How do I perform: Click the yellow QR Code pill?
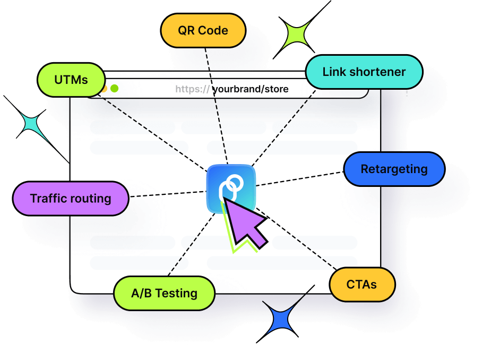pos(203,30)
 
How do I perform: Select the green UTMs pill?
pos(71,80)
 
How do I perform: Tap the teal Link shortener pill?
pos(364,72)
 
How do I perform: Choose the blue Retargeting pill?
pos(394,169)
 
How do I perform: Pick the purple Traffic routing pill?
pos(71,199)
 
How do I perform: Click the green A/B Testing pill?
pos(164,293)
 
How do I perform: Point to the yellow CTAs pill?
pos(362,284)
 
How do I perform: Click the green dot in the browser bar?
pos(114,89)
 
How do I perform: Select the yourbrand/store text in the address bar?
pos(251,89)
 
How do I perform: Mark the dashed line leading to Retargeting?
pos(300,178)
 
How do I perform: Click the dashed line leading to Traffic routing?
pos(167,194)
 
